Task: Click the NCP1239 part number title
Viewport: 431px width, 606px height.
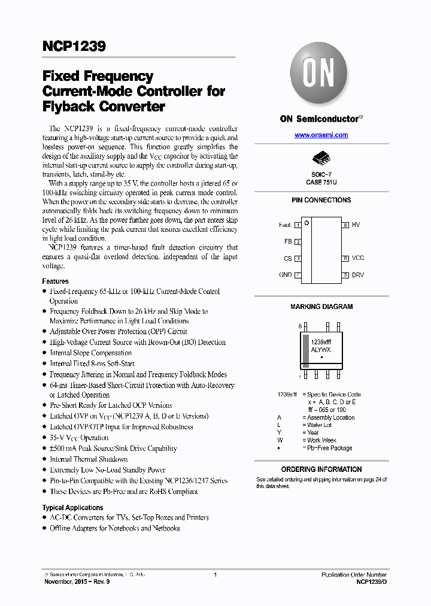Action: (x=74, y=46)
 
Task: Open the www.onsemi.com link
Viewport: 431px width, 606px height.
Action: (x=321, y=135)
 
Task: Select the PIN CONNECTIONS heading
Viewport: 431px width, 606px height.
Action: (x=321, y=200)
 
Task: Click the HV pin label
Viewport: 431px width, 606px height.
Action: (x=356, y=225)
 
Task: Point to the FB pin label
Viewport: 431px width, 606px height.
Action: (x=287, y=241)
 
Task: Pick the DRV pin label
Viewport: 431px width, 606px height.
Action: (x=357, y=275)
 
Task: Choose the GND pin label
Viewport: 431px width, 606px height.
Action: (x=285, y=275)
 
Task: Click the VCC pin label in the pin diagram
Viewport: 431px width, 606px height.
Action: (x=357, y=258)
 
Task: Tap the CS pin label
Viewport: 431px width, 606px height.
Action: (x=287, y=258)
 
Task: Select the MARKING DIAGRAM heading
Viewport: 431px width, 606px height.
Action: (x=321, y=307)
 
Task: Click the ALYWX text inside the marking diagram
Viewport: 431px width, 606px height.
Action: (x=321, y=349)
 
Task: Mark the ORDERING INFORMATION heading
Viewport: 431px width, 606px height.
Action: (x=321, y=469)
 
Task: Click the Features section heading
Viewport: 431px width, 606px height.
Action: (x=55, y=281)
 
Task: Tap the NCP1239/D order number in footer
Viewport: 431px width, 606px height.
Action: (x=371, y=581)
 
